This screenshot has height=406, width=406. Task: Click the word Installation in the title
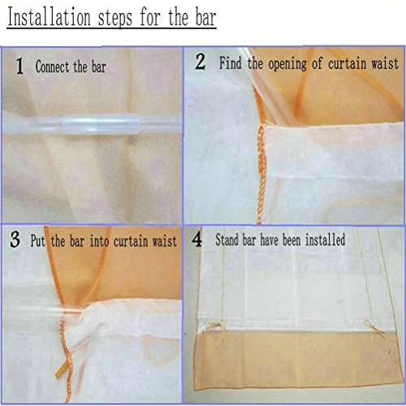(x=51, y=18)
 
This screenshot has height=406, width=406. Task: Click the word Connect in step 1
(x=50, y=67)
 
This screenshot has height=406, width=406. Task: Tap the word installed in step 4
(x=324, y=240)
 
